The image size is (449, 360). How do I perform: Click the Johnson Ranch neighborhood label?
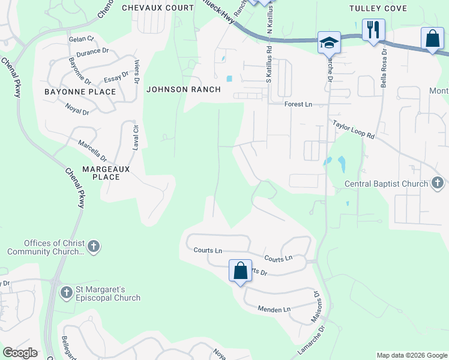[x=183, y=89]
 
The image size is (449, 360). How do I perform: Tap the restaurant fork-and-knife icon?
[x=373, y=29]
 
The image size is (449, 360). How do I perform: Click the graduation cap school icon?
[x=329, y=43]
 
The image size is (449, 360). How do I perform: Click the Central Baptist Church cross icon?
[x=438, y=183]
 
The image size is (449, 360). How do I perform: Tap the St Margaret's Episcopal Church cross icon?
[x=67, y=292]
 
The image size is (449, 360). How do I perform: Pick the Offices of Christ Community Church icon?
[x=93, y=246]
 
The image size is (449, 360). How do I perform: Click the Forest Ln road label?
[x=298, y=104]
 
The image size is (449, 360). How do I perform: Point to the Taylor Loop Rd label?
[x=354, y=129]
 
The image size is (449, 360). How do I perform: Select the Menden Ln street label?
[x=274, y=309]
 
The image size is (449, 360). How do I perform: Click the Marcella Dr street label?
[x=92, y=152]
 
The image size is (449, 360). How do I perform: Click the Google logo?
[x=20, y=353]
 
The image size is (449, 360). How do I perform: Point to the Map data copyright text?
[x=411, y=355]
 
